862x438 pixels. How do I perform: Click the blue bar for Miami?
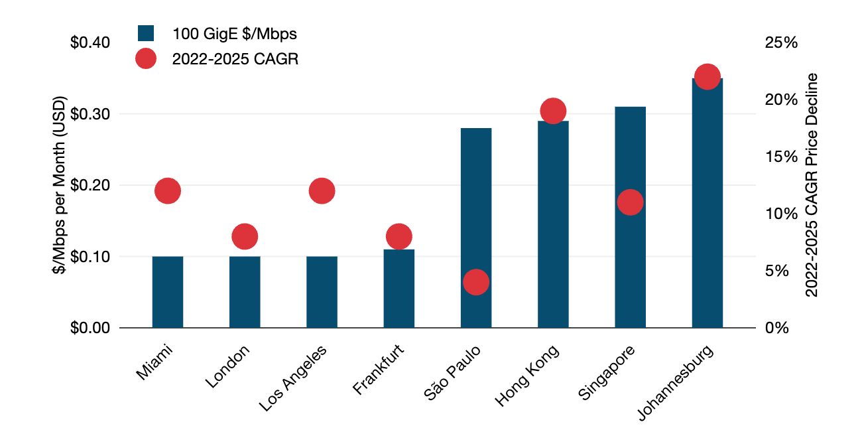[x=168, y=292]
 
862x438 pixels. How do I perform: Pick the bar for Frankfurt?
[x=399, y=289]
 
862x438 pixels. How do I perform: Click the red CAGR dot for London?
[x=245, y=236]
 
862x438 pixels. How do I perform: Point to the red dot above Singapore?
[x=630, y=202]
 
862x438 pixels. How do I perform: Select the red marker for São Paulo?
[x=476, y=282]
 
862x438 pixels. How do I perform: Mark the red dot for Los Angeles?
[x=322, y=191]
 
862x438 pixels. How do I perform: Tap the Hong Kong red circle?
[x=553, y=111]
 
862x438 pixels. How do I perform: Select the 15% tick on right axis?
[x=780, y=157]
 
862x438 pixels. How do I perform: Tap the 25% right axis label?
[x=780, y=42]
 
